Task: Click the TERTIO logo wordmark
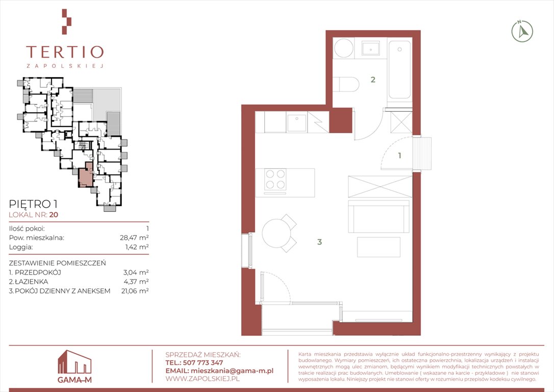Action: point(65,52)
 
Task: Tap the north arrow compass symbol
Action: point(522,32)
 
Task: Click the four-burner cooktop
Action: point(275,179)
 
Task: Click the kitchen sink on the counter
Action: point(296,122)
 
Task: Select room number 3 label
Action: point(319,242)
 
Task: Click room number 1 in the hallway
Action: point(399,155)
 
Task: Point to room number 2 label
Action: point(373,80)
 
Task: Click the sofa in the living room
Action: point(379,216)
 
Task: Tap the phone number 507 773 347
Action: point(203,363)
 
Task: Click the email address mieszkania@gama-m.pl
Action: point(232,371)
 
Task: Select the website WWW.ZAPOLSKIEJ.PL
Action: point(203,379)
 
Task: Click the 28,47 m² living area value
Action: point(134,237)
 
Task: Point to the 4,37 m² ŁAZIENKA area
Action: point(136,282)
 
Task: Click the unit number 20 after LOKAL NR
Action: point(54,214)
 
